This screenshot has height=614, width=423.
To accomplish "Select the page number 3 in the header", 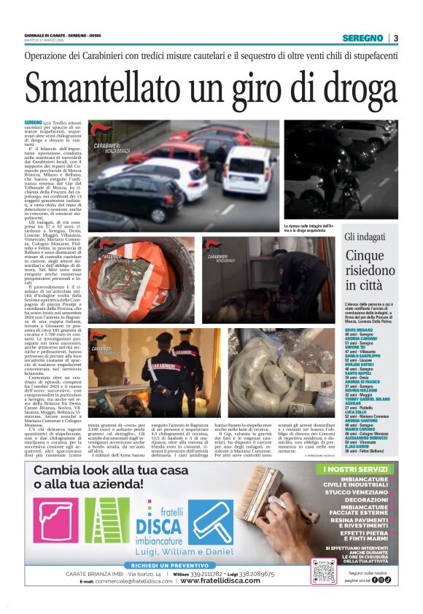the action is click(395, 38).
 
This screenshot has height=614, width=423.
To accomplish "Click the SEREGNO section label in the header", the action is click(362, 38).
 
